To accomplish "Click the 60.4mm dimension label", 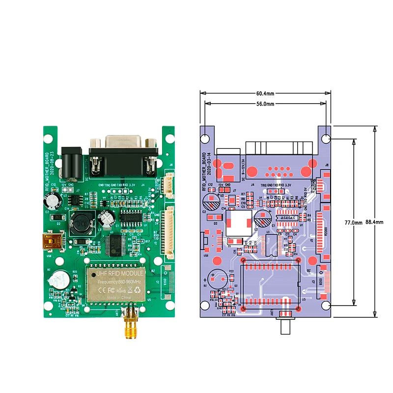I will pyautogui.click(x=265, y=93).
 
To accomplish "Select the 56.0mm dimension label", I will pyautogui.click(x=265, y=104).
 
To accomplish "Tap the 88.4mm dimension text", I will pyautogui.click(x=374, y=223).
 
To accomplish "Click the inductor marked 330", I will pyautogui.click(x=81, y=225).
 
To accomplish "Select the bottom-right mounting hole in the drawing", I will pyautogui.click(x=326, y=306).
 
